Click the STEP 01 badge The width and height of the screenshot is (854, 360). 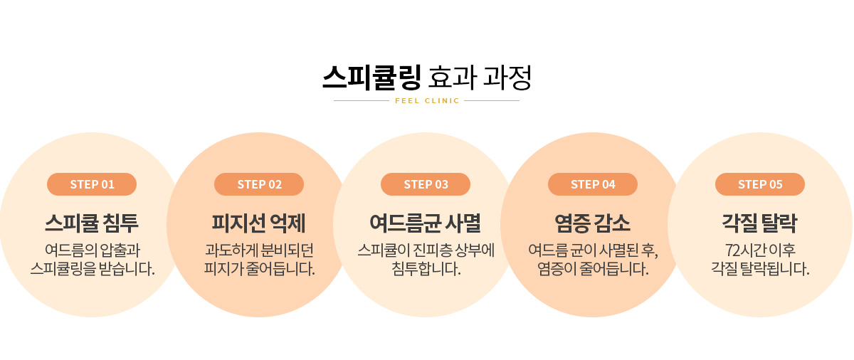point(92,184)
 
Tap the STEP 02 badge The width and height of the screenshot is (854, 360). point(259,184)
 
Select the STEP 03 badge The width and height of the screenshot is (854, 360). point(426,184)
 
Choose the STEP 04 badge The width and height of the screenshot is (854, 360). point(593,184)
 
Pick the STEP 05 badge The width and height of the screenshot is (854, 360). point(760,184)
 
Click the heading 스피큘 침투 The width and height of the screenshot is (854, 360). point(92,223)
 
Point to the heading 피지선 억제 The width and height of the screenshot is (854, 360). point(259,223)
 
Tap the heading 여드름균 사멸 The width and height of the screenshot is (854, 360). point(426,223)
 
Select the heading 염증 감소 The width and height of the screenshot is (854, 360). point(592,223)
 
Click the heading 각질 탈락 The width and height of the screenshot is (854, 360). point(760,223)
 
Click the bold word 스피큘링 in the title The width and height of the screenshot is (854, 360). point(371,78)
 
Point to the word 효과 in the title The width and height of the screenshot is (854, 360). point(453,78)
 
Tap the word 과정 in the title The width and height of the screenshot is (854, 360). point(507,78)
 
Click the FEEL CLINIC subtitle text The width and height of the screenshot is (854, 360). point(427,100)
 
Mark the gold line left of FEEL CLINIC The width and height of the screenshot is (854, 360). point(362,100)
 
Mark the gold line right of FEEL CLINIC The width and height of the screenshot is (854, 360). point(492,100)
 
